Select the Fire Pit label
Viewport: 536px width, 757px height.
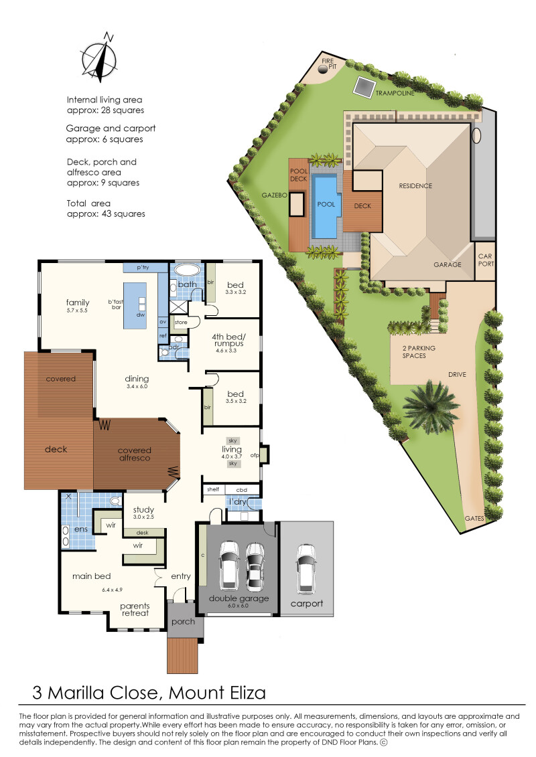coord(328,64)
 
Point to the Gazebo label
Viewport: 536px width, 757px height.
coord(275,195)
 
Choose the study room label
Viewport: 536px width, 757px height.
coord(143,509)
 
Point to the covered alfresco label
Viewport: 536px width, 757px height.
coord(135,454)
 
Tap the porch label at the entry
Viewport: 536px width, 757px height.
coord(183,622)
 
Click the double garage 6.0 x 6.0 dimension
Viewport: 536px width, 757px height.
coord(239,606)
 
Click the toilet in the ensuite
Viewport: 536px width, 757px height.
coord(115,500)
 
